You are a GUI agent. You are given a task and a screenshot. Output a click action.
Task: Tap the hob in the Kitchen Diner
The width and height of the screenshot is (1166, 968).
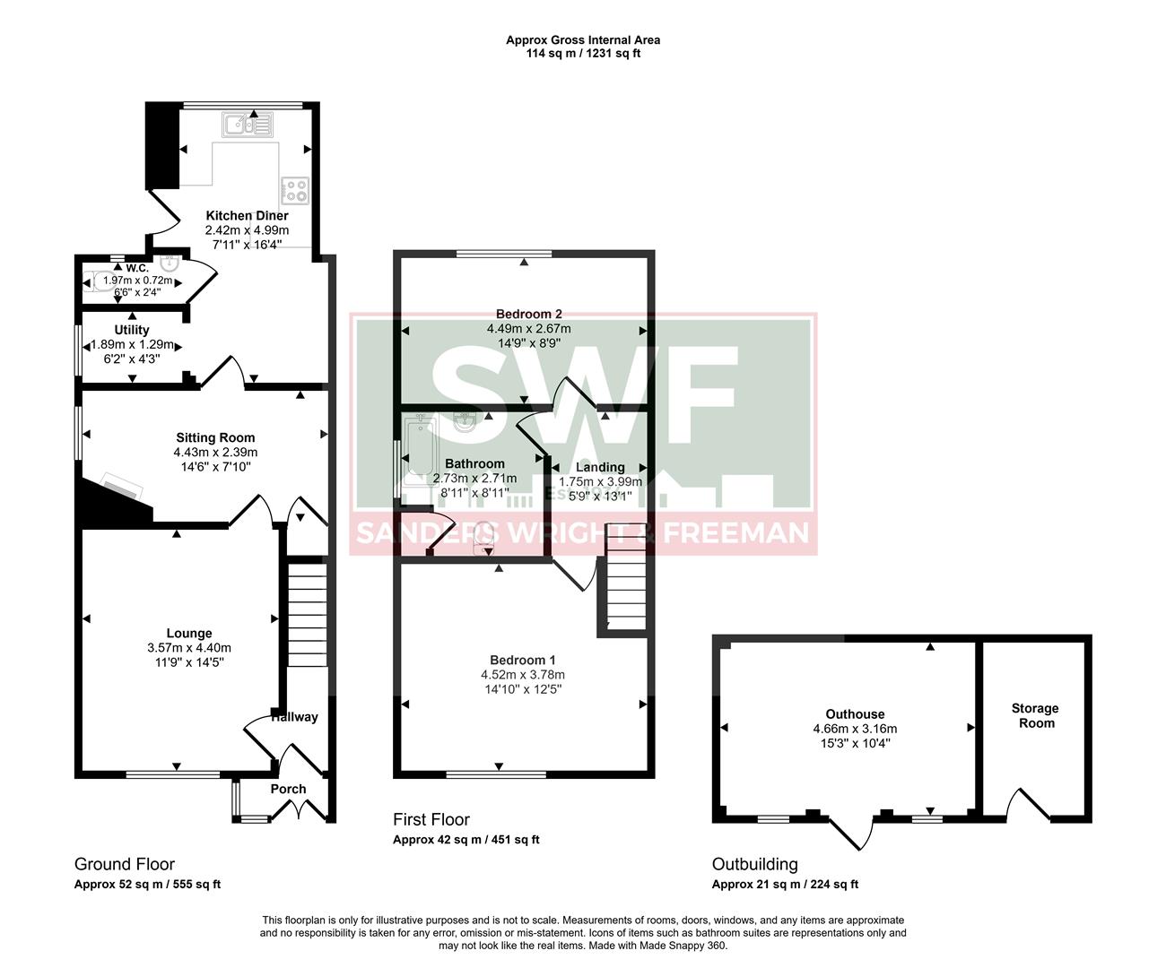[295, 190]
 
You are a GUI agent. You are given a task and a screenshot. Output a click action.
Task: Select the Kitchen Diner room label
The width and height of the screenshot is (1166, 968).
[247, 215]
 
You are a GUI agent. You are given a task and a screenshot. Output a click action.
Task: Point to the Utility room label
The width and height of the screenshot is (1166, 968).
[132, 330]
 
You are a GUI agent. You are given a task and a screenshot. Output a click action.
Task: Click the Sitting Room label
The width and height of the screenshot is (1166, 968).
[215, 437]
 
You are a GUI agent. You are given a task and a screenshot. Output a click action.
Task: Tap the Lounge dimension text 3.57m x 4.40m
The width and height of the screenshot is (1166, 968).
[189, 647]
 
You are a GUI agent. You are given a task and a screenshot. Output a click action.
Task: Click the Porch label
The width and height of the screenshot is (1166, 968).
[288, 789]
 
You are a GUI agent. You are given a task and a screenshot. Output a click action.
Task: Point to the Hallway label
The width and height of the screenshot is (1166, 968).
[294, 717]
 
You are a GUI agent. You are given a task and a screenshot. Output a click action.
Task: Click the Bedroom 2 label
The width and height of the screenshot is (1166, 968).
[528, 314]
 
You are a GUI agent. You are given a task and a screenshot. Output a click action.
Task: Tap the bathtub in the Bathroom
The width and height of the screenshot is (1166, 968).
[419, 453]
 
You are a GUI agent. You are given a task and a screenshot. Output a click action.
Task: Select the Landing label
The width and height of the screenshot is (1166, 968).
[600, 467]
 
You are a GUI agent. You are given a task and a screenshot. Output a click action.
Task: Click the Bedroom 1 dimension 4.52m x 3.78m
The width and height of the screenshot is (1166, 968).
[523, 675]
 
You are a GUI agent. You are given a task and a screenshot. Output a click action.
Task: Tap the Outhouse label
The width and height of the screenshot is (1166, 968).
[855, 714]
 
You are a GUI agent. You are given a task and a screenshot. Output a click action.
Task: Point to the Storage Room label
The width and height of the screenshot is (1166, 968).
[1036, 715]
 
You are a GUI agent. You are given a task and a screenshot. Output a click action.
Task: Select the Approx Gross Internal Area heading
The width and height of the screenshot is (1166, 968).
[583, 39]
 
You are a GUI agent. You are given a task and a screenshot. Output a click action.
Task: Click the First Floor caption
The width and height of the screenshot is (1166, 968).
[431, 819]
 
